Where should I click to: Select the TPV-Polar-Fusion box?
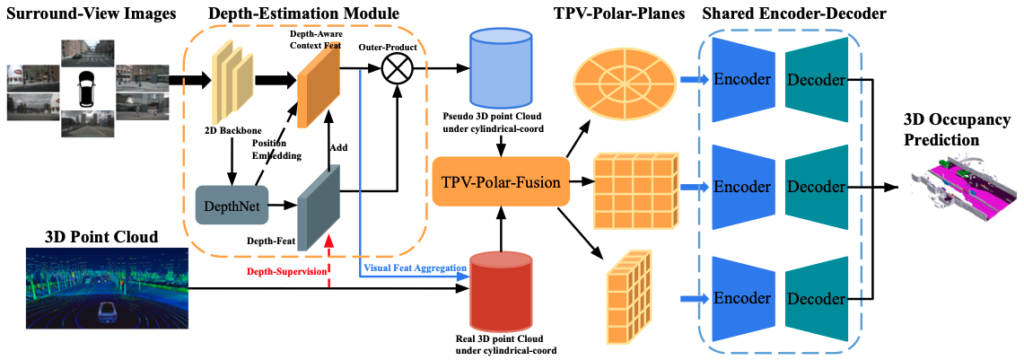[x=502, y=182]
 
